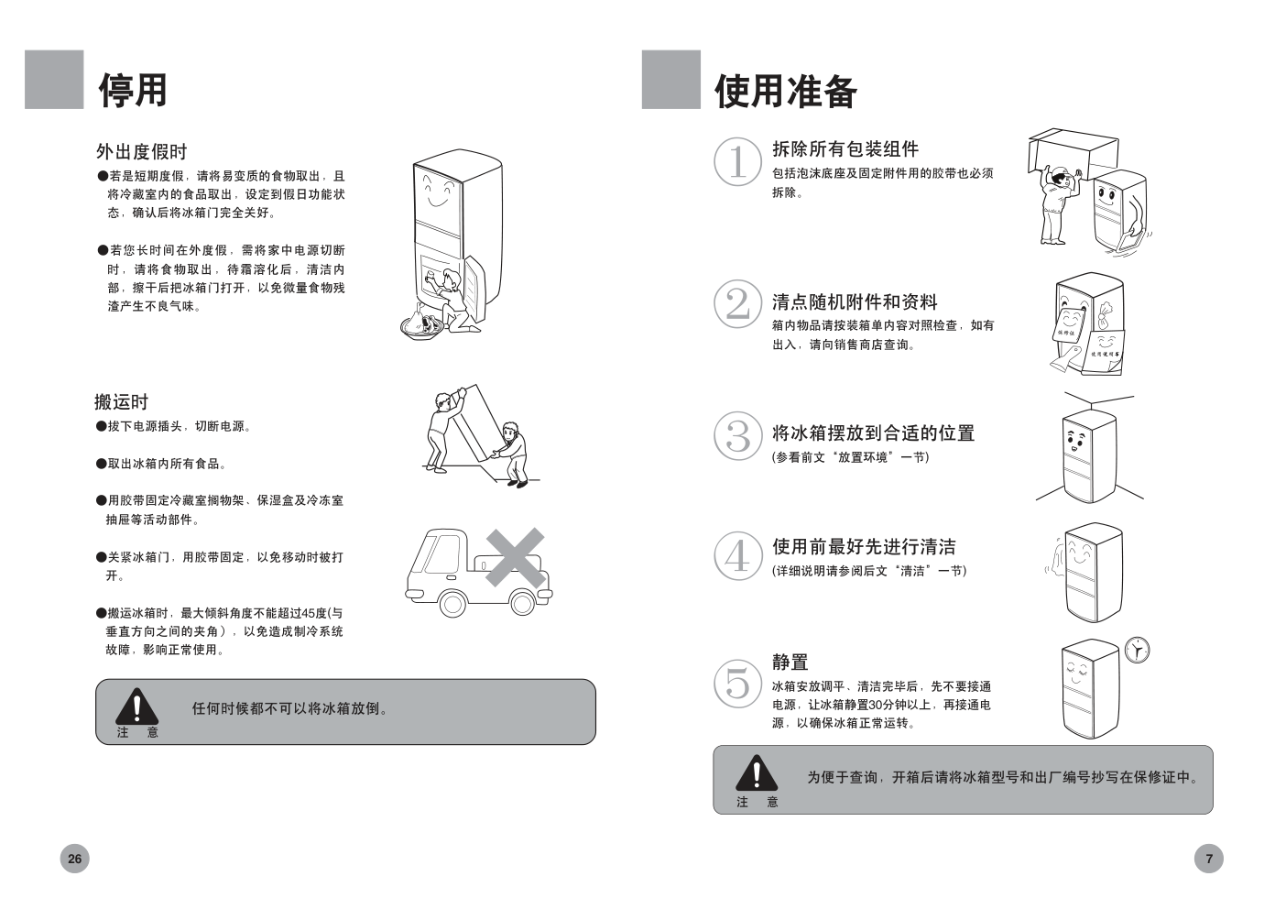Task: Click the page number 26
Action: click(x=74, y=859)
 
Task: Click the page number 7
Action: click(x=1208, y=859)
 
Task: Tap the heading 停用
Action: click(x=133, y=90)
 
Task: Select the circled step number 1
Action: click(x=737, y=161)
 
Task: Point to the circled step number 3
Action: click(x=737, y=436)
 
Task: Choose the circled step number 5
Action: click(x=737, y=684)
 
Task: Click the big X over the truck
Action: click(x=515, y=557)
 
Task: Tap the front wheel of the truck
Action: click(x=452, y=604)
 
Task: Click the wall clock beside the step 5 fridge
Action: click(x=1137, y=651)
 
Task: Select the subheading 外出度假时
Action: click(x=142, y=151)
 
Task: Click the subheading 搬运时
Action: click(x=122, y=401)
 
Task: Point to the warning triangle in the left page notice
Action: click(x=136, y=706)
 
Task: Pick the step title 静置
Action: click(x=790, y=662)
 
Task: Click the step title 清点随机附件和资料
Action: click(x=855, y=301)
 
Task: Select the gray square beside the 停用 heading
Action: click(x=54, y=79)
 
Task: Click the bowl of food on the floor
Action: click(x=423, y=327)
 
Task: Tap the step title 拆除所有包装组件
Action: click(x=845, y=148)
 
